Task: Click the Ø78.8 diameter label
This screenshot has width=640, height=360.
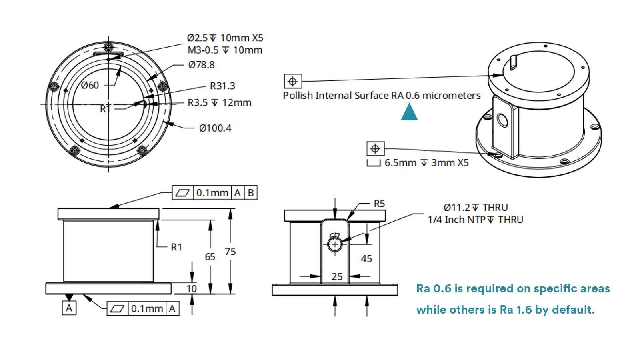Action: tap(201, 65)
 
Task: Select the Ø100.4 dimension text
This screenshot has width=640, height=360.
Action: tap(215, 128)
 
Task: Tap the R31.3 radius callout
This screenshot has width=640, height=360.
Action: tap(222, 86)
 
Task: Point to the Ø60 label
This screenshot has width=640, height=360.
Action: tap(90, 85)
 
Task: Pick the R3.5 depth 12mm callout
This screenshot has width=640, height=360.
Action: tap(219, 103)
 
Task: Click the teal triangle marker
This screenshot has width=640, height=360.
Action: tap(409, 112)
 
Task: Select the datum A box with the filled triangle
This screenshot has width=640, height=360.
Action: tap(69, 308)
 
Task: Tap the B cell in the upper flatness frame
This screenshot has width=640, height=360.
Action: tap(251, 193)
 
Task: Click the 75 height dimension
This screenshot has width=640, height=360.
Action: tap(230, 252)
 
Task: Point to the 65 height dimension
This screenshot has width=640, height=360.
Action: tap(210, 257)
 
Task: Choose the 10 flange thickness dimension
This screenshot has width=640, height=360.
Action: tap(192, 288)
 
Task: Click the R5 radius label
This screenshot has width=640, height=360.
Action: tap(379, 204)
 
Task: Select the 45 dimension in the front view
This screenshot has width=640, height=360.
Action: tap(366, 259)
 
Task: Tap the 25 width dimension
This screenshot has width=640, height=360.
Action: tap(337, 276)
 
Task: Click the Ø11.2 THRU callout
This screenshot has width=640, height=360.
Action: tap(475, 208)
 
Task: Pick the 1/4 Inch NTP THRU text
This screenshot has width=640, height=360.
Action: tap(475, 220)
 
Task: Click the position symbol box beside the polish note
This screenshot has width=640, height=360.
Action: tap(293, 81)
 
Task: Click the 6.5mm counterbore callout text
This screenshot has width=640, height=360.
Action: tap(426, 163)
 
